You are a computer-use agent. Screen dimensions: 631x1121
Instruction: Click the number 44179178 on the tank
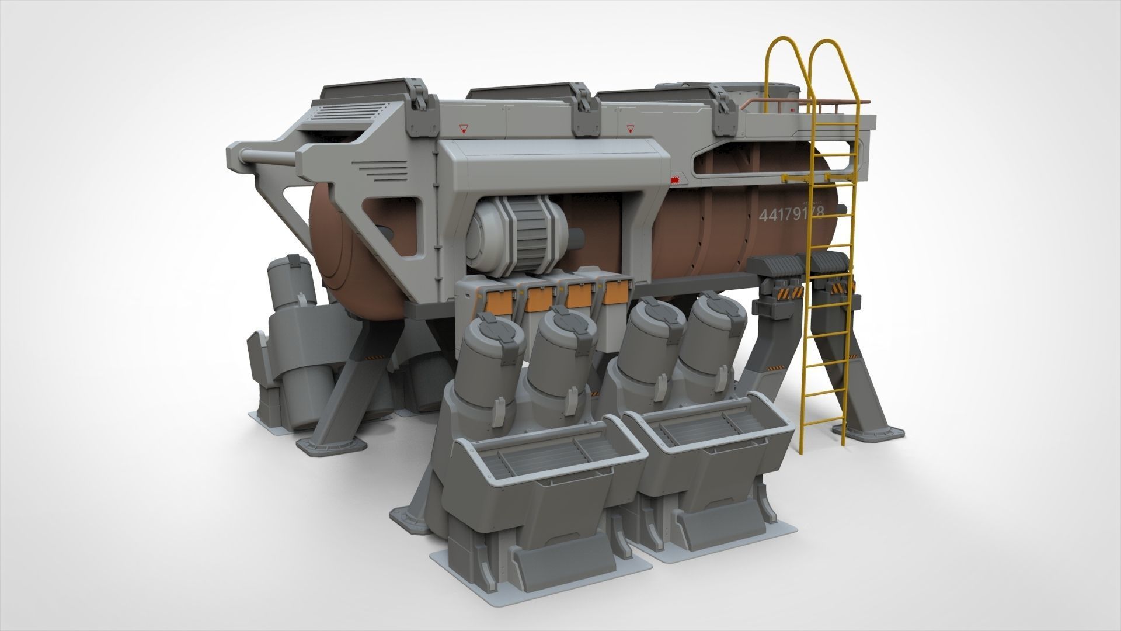click(791, 214)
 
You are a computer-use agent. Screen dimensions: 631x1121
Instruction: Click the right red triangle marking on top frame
click(629, 128)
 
